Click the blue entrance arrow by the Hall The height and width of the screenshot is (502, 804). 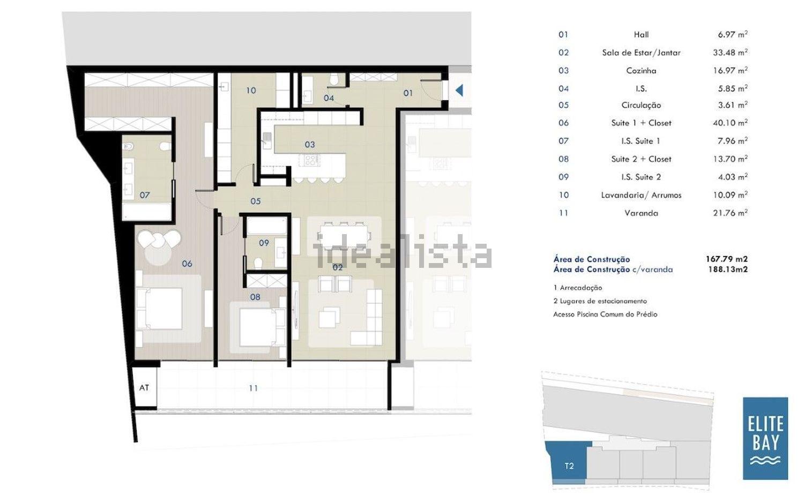pyautogui.click(x=459, y=91)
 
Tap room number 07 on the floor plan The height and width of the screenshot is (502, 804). pyautogui.click(x=145, y=195)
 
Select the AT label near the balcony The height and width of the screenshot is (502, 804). pyautogui.click(x=144, y=387)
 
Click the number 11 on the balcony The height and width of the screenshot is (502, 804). pyautogui.click(x=254, y=388)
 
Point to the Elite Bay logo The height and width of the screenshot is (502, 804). pyautogui.click(x=765, y=438)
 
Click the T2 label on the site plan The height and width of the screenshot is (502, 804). pyautogui.click(x=569, y=466)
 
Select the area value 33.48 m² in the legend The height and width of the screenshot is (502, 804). pyautogui.click(x=730, y=53)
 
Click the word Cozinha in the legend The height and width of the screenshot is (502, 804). pyautogui.click(x=641, y=71)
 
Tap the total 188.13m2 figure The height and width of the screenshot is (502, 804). pyautogui.click(x=728, y=269)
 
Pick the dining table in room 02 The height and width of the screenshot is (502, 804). pyautogui.click(x=344, y=236)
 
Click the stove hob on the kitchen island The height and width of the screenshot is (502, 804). pyautogui.click(x=310, y=160)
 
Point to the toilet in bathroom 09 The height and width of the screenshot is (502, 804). pyautogui.click(x=258, y=264)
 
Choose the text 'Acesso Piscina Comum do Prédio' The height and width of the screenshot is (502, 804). pyautogui.click(x=605, y=314)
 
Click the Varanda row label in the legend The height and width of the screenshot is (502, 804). pyautogui.click(x=641, y=213)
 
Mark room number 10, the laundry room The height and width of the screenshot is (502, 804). pyautogui.click(x=251, y=91)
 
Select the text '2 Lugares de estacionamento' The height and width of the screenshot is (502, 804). pyautogui.click(x=600, y=301)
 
